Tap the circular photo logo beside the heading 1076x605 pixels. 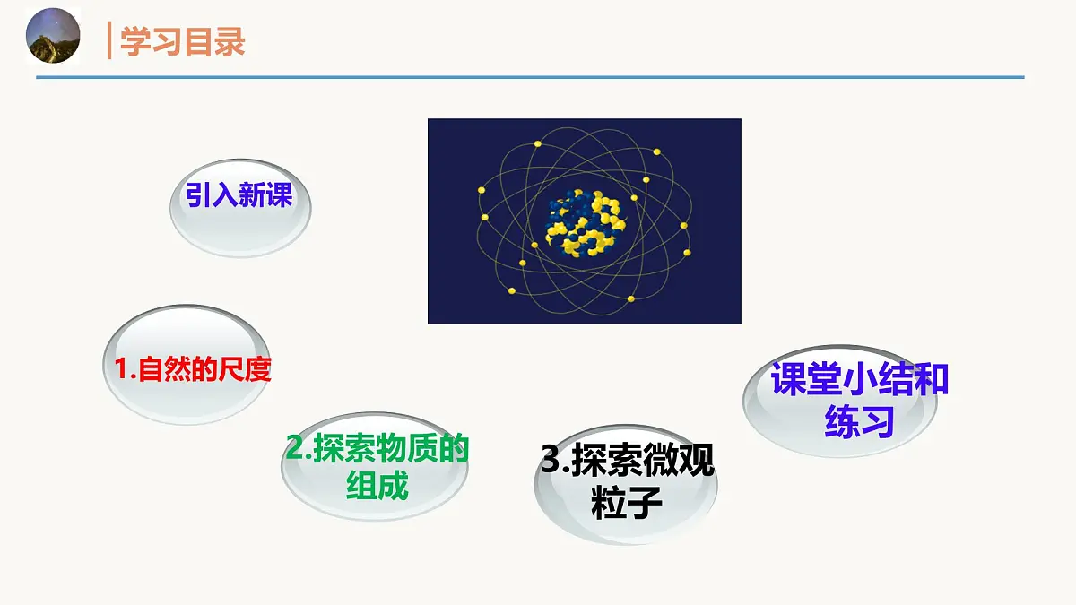pos(54,37)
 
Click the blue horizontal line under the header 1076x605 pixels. pos(529,77)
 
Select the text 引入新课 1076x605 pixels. pos(239,195)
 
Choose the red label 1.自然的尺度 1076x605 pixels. pos(192,369)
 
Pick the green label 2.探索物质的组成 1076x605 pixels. pos(377,467)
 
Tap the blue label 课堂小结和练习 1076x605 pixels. pos(859,400)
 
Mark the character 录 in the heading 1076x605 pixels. pos(230,42)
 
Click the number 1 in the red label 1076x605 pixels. pos(122,369)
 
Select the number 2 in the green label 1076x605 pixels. pos(293,449)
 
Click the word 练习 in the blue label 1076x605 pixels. pos(859,420)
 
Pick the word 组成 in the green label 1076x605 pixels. pos(377,486)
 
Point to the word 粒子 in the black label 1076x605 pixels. pos(627,504)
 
